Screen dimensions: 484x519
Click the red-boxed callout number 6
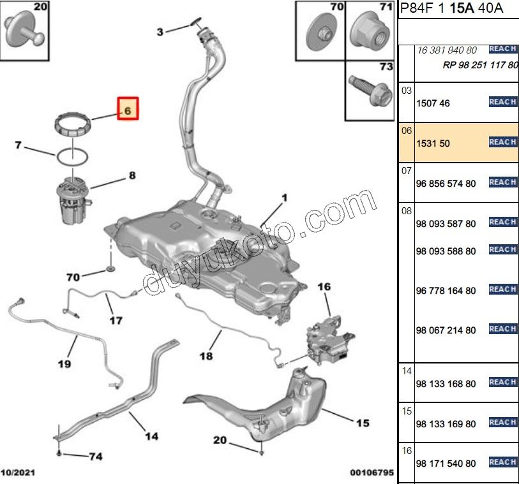point(126,110)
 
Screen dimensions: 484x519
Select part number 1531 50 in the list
point(433,143)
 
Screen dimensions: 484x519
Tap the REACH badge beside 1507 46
point(502,102)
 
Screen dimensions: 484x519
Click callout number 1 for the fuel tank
point(284,198)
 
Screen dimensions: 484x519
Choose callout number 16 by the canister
point(324,288)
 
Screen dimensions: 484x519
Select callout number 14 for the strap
point(151,436)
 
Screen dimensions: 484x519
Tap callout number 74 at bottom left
point(94,456)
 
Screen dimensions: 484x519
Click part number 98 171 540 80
point(446,464)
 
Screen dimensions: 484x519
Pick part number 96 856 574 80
point(446,184)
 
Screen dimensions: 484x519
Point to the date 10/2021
point(19,473)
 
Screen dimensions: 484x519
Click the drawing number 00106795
point(372,473)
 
